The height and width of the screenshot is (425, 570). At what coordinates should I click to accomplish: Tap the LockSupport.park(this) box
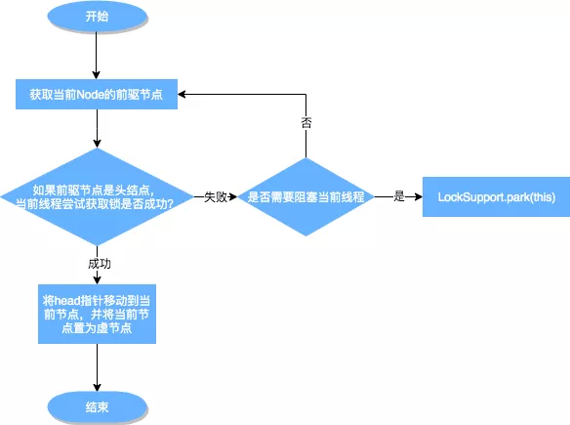(x=489, y=197)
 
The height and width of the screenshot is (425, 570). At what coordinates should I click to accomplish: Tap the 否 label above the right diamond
(x=306, y=124)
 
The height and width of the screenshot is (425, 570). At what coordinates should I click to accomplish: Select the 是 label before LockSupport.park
(x=398, y=197)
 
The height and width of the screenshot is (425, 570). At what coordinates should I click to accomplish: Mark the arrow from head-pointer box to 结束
(x=95, y=366)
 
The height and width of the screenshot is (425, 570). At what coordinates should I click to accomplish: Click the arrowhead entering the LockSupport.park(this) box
(x=417, y=197)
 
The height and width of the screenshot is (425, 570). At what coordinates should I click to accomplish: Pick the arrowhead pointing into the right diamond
(x=234, y=197)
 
